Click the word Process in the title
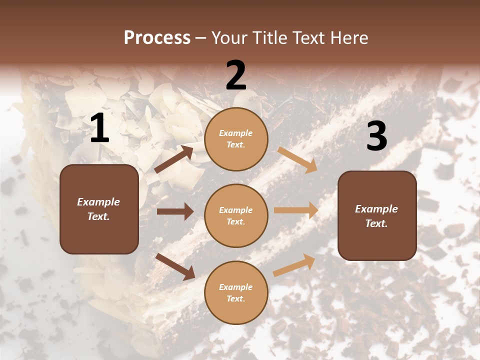(x=157, y=38)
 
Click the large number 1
(x=99, y=128)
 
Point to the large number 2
(x=236, y=75)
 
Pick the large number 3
(x=376, y=136)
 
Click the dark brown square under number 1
(x=99, y=209)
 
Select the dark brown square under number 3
(x=377, y=215)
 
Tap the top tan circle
(x=236, y=139)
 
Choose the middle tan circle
(x=236, y=215)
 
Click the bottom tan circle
(x=236, y=292)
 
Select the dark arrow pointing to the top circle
(x=174, y=159)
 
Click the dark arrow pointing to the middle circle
(x=175, y=211)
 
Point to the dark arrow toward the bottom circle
(x=175, y=266)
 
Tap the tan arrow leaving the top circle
(x=297, y=159)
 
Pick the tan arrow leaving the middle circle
(x=296, y=210)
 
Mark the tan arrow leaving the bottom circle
(x=294, y=265)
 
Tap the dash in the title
(x=201, y=38)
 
